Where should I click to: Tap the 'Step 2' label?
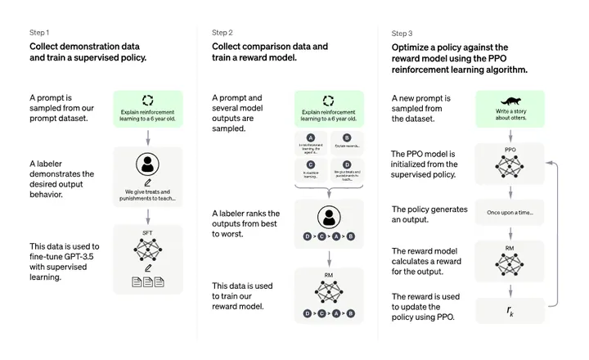click(x=223, y=33)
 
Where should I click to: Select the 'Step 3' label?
click(x=402, y=34)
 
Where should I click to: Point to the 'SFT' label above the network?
click(x=148, y=233)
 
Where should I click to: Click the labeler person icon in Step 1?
click(x=148, y=164)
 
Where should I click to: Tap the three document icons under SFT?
click(x=148, y=282)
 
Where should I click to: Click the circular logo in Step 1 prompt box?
click(x=148, y=100)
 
